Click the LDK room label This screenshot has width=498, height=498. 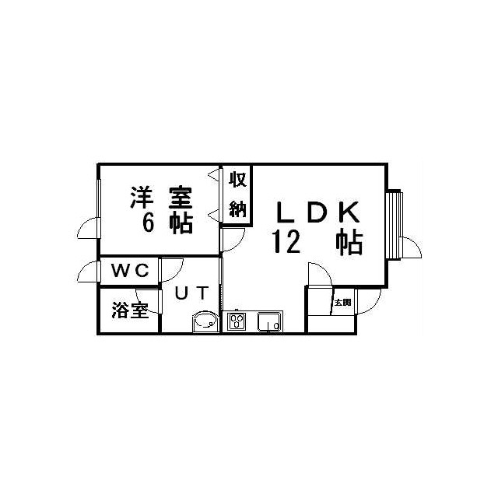pyautogui.click(x=318, y=212)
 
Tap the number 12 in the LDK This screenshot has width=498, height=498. pyautogui.click(x=286, y=241)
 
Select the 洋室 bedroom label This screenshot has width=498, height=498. pyautogui.click(x=161, y=198)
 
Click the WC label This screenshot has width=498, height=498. pyautogui.click(x=130, y=271)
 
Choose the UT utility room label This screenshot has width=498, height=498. pyautogui.click(x=192, y=293)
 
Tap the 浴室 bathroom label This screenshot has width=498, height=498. pyautogui.click(x=130, y=310)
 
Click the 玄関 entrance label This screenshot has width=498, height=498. pyautogui.click(x=343, y=303)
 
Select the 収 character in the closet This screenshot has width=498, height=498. pyautogui.click(x=238, y=179)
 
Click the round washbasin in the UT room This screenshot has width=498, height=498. pyautogui.click(x=205, y=321)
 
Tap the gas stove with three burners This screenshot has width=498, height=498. pyautogui.click(x=237, y=321)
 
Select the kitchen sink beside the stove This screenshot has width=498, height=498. pyautogui.click(x=269, y=321)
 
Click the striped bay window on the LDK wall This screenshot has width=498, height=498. pyautogui.click(x=395, y=224)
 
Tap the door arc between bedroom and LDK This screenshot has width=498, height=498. pyautogui.click(x=237, y=244)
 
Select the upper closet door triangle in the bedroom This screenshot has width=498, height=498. pyautogui.click(x=214, y=175)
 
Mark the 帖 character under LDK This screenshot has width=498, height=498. pyautogui.click(x=349, y=242)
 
